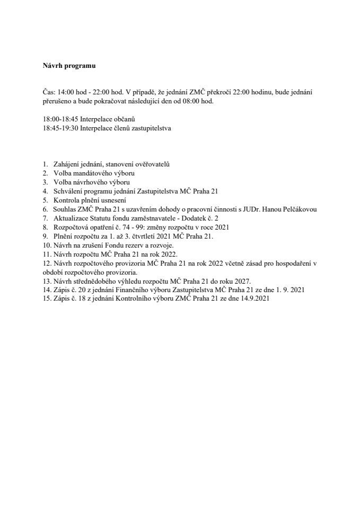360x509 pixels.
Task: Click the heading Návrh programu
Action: tap(65, 66)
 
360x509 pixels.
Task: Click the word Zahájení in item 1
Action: tap(66, 164)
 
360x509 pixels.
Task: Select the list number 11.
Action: tap(46, 254)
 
